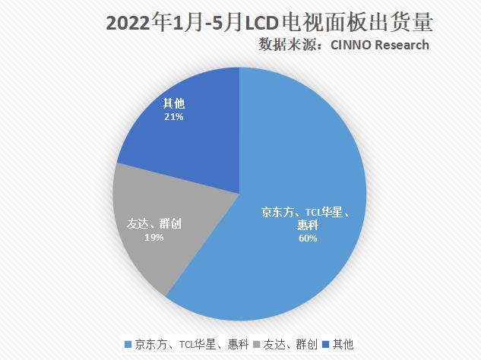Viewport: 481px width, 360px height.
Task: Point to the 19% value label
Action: click(153, 237)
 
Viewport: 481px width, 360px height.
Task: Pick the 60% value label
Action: click(307, 238)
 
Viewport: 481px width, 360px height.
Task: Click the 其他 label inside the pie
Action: click(174, 104)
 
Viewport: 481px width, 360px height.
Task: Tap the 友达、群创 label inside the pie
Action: click(153, 224)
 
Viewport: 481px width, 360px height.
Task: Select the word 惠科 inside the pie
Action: click(307, 226)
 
